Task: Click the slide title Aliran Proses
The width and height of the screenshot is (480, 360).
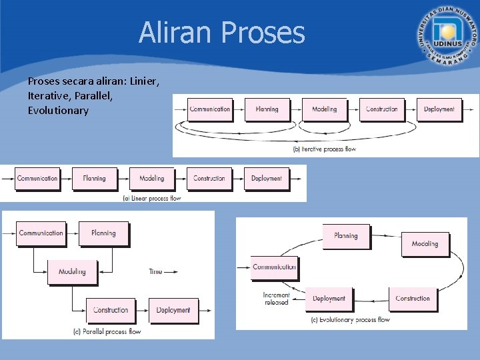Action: (221, 32)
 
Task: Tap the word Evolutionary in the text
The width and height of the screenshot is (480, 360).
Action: (58, 110)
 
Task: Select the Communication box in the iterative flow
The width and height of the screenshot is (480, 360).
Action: (210, 109)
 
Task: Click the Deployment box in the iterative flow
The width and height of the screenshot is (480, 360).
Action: (439, 109)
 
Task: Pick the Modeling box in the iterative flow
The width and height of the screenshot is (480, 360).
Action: (325, 109)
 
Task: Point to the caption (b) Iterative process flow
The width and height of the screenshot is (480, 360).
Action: (325, 149)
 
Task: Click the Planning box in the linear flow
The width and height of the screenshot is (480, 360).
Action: (95, 179)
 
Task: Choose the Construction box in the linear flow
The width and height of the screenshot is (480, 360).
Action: (209, 179)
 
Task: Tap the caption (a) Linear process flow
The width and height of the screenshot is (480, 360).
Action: (152, 198)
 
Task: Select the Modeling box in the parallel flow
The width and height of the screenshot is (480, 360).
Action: (72, 271)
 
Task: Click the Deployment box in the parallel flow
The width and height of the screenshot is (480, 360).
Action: (173, 310)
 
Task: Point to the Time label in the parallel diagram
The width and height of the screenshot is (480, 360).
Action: (156, 271)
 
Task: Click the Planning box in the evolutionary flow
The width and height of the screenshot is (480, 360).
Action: (346, 236)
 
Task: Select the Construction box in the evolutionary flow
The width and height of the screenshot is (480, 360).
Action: (413, 299)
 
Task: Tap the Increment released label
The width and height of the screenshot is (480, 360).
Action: (277, 299)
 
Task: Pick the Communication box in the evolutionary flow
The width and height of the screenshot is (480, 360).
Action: (274, 267)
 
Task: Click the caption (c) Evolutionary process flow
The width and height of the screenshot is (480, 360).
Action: (350, 320)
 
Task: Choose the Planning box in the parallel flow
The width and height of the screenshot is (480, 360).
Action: (103, 233)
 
